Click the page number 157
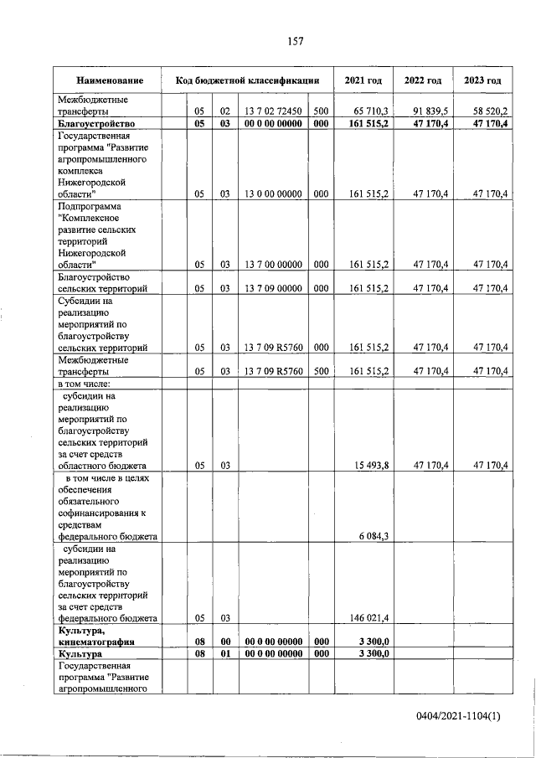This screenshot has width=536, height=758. (x=294, y=41)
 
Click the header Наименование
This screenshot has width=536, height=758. (x=109, y=80)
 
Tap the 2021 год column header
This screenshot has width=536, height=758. (x=363, y=80)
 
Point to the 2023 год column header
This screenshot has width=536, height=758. (x=482, y=80)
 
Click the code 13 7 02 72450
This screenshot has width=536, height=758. (x=273, y=111)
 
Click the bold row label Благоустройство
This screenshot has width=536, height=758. (x=96, y=124)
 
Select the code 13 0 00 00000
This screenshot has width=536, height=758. (x=273, y=194)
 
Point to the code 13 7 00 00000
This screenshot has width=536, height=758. (x=273, y=265)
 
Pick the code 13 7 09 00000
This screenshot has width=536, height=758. (x=273, y=288)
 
